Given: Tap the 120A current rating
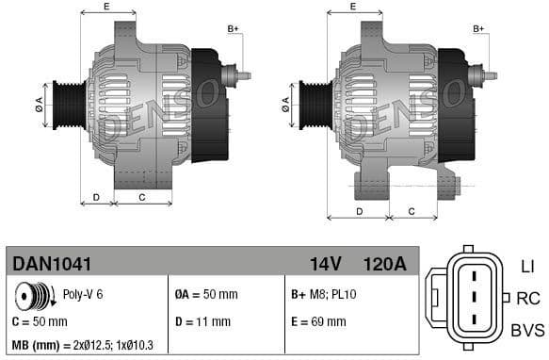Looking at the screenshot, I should (x=385, y=264).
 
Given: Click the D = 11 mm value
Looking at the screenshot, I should (x=203, y=321).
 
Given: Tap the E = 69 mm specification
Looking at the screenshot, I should (x=318, y=321).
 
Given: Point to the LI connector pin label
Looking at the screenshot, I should (x=527, y=267).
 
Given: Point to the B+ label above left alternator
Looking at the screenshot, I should (x=234, y=29).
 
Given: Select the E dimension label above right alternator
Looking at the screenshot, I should (x=352, y=8).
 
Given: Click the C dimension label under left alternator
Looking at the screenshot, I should (x=141, y=197).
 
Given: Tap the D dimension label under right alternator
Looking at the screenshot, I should (x=360, y=211).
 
